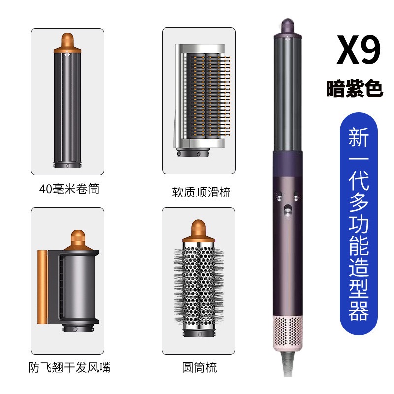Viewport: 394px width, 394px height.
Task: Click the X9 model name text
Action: pyautogui.click(x=359, y=50)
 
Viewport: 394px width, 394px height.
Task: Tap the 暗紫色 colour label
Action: pyautogui.click(x=355, y=89)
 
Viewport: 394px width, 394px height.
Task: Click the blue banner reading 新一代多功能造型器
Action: pyautogui.click(x=359, y=224)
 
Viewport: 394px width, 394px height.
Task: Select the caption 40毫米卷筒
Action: pyautogui.click(x=69, y=189)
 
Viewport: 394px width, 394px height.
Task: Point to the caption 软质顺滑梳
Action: pyautogui.click(x=201, y=192)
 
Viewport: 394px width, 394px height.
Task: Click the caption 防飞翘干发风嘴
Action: pyautogui.click(x=69, y=367)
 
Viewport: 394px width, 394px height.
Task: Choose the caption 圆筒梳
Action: pyautogui.click(x=199, y=367)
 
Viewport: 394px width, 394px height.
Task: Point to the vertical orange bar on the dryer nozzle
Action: pyautogui.click(x=42, y=287)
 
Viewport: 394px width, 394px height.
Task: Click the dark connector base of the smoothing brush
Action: pyautogui.click(x=193, y=152)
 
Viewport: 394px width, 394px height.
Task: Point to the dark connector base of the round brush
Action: pyautogui.click(x=198, y=333)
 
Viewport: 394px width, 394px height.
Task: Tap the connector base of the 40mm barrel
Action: pyautogui.click(x=67, y=165)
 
